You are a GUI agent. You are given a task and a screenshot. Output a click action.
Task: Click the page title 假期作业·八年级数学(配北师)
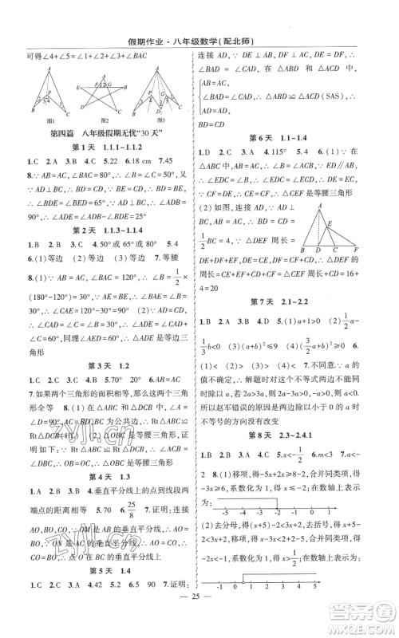point(199,11)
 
